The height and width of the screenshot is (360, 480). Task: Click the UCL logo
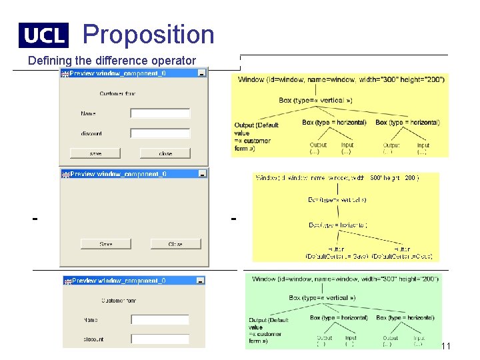(x=43, y=35)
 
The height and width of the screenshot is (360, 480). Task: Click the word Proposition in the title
(x=149, y=34)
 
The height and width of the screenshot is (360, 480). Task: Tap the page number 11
(x=446, y=346)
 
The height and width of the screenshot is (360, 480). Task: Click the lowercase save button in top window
(x=96, y=153)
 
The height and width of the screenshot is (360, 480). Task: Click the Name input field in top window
(x=160, y=113)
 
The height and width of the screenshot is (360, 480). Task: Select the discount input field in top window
(x=160, y=133)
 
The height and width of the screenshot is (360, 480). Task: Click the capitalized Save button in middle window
(x=105, y=244)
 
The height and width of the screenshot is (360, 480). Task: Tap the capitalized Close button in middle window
(x=175, y=244)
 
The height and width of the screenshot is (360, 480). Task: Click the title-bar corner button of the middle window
(x=202, y=174)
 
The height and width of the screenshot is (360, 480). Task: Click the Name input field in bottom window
(x=159, y=320)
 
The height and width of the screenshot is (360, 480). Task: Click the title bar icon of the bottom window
(x=67, y=281)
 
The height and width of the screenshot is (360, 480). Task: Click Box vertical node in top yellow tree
(x=315, y=101)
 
